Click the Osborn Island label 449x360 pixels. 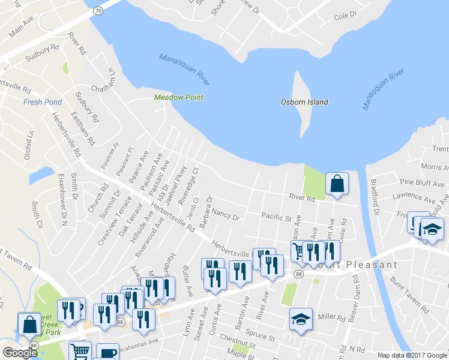304,102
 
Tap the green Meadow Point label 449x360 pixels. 178,97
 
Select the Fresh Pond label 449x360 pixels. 42,102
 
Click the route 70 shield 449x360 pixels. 98,10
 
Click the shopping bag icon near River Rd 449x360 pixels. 337,185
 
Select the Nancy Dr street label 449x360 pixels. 226,214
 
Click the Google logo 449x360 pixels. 20,353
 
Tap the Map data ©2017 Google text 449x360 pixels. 411,355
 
